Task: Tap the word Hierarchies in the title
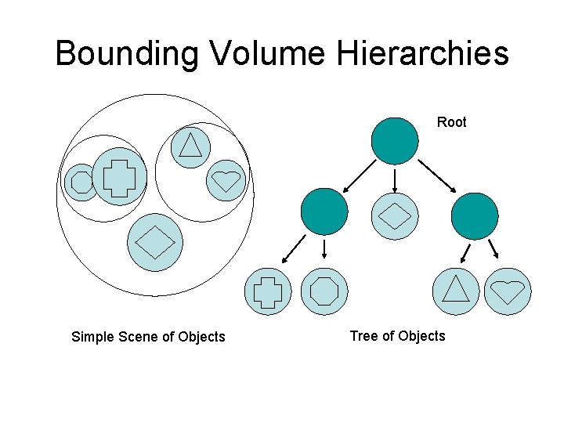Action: tap(424, 54)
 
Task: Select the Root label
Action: tap(451, 122)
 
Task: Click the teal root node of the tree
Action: tap(395, 141)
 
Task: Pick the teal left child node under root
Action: tap(324, 211)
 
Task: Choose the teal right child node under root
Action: tap(475, 215)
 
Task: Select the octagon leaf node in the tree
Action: tap(324, 291)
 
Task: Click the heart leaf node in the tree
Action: tap(508, 291)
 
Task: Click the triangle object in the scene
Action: tap(190, 145)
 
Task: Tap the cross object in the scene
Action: tap(119, 176)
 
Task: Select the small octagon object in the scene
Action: tap(81, 183)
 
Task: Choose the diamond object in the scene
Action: tap(155, 241)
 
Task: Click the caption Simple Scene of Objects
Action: tap(148, 337)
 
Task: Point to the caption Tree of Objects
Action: tap(397, 336)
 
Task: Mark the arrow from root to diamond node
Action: tap(395, 181)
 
